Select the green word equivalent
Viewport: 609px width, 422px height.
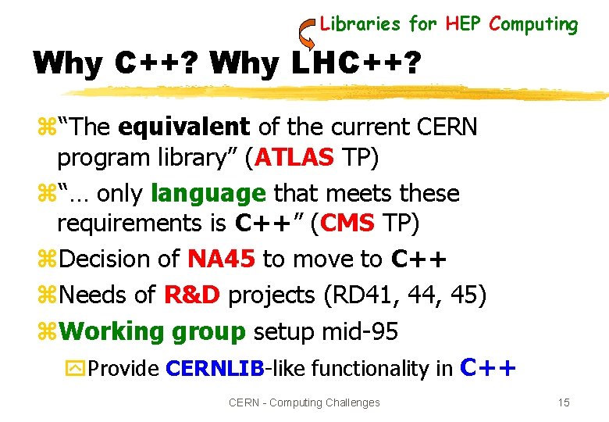click(x=184, y=126)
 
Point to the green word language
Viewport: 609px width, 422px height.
click(x=208, y=192)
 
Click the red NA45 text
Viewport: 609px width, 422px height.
click(x=221, y=259)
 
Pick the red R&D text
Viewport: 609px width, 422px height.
click(x=193, y=295)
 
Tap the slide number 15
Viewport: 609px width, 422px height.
click(x=564, y=402)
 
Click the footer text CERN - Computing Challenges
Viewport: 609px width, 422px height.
click(x=304, y=402)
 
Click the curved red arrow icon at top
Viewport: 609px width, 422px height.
click(x=306, y=33)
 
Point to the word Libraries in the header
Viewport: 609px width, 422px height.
click(x=360, y=24)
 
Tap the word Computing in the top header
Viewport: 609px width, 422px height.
click(x=533, y=24)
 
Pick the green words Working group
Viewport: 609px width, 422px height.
click(x=152, y=331)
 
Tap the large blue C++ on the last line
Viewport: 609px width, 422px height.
click(x=489, y=366)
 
